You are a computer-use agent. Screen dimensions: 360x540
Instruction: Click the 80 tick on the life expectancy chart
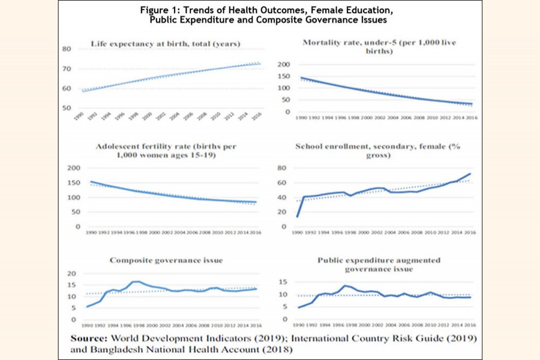[x=67, y=49]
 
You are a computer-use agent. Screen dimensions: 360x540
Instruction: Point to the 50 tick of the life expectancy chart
[x=67, y=107]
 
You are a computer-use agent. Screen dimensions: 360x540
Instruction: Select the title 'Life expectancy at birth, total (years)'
[x=166, y=43]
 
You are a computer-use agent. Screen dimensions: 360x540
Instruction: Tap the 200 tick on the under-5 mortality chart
[x=284, y=64]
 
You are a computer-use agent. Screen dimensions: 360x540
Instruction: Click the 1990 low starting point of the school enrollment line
[x=296, y=217]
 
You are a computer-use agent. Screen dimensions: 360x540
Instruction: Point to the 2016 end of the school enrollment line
[x=470, y=174]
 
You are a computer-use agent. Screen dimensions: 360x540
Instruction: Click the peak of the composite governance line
[x=135, y=281]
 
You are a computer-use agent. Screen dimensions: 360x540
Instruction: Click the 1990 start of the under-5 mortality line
[x=301, y=77]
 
